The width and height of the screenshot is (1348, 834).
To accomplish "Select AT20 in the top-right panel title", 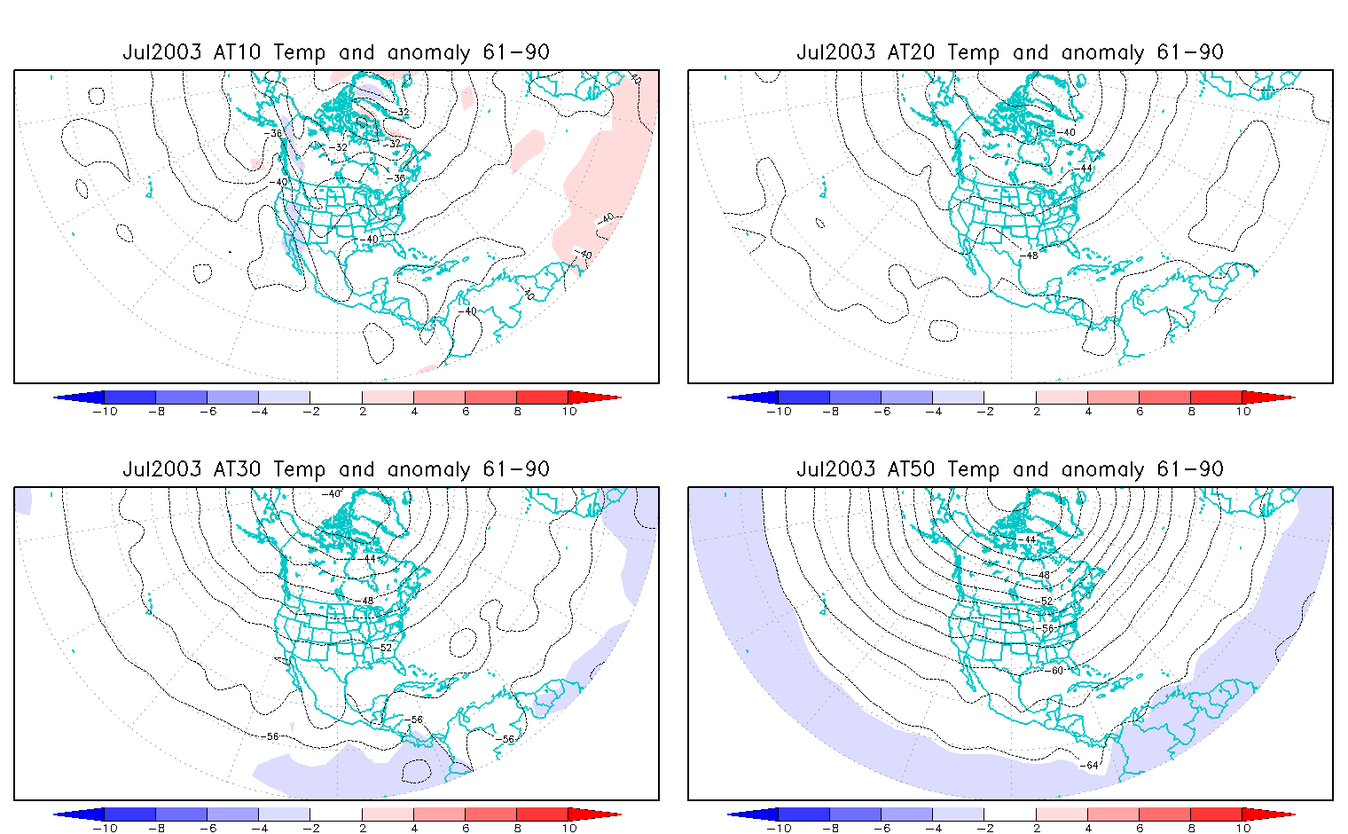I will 912,52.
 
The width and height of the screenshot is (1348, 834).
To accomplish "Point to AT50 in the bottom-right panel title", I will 912,469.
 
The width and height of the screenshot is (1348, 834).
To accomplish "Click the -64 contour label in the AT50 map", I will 1091,765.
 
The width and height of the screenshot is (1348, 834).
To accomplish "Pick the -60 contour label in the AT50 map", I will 1055,671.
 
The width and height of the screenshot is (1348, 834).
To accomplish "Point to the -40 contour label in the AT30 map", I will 331,493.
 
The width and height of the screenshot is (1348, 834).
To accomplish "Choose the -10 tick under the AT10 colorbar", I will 105,412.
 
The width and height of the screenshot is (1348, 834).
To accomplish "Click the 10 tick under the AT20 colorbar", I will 1243,412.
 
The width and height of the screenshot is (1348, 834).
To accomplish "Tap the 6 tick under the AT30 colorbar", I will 466,829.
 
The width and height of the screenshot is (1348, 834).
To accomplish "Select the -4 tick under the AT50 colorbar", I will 933,829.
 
